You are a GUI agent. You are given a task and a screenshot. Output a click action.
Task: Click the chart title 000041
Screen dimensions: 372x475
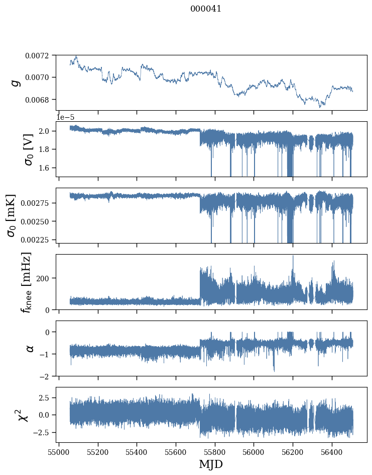(x=205, y=9)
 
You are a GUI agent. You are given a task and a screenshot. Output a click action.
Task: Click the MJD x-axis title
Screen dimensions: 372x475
(x=211, y=464)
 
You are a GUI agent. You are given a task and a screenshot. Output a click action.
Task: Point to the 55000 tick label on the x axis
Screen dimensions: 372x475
(x=59, y=452)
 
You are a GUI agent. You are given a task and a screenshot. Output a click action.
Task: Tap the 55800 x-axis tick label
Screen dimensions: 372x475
(x=215, y=452)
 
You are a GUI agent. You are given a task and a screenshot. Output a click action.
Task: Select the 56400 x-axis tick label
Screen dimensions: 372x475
(x=332, y=452)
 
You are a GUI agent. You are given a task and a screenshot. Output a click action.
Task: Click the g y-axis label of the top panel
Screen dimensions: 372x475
(x=16, y=83)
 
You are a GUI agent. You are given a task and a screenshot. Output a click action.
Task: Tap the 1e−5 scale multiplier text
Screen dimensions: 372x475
(x=65, y=118)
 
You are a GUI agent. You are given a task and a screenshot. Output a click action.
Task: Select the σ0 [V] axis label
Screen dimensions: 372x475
(x=29, y=149)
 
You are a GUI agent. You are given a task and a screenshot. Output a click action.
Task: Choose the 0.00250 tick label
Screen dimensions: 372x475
(x=35, y=221)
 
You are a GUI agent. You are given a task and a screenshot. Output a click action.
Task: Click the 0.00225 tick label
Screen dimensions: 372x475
(x=35, y=240)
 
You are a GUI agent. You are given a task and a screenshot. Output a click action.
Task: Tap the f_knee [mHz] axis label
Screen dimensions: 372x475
(x=26, y=282)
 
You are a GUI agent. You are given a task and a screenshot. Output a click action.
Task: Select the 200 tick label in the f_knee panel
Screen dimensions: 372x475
(x=42, y=278)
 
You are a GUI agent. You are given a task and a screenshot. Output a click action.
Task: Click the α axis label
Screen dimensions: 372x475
(x=30, y=349)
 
